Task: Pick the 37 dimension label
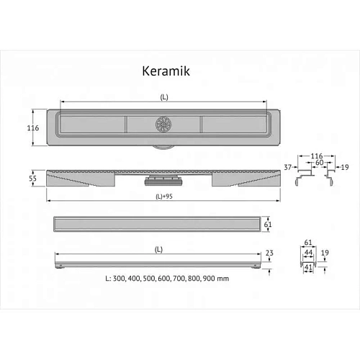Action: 288,167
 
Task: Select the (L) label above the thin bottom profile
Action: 158,250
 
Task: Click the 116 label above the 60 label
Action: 314,156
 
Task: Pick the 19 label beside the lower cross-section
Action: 326,253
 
